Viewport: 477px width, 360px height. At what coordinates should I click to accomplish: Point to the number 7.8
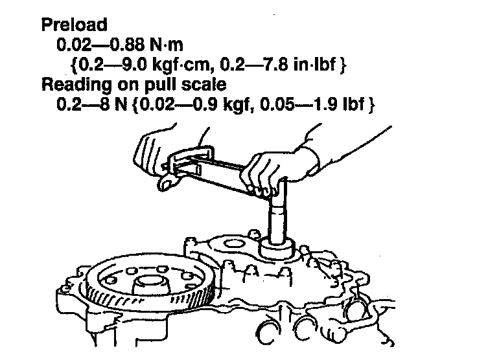(284, 65)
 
